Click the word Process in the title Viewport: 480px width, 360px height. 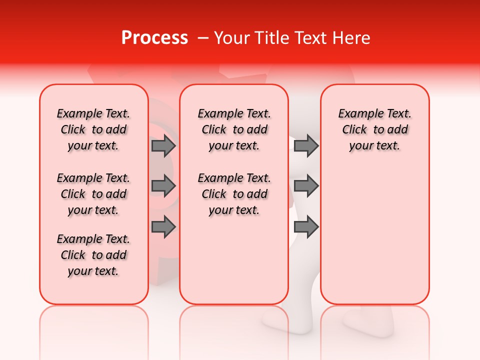coord(154,38)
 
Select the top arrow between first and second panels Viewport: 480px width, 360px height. coord(163,146)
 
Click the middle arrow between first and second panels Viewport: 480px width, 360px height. coord(163,186)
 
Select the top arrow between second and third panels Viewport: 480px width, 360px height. coord(306,146)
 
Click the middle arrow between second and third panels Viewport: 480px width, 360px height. coord(306,186)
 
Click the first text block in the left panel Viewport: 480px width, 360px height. coord(93,129)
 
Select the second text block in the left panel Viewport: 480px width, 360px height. coord(93,194)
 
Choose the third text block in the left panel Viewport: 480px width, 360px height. coord(93,255)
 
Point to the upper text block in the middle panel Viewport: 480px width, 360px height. coord(234,129)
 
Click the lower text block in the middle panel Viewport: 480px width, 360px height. coord(234,194)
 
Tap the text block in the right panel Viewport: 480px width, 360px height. coord(374,129)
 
